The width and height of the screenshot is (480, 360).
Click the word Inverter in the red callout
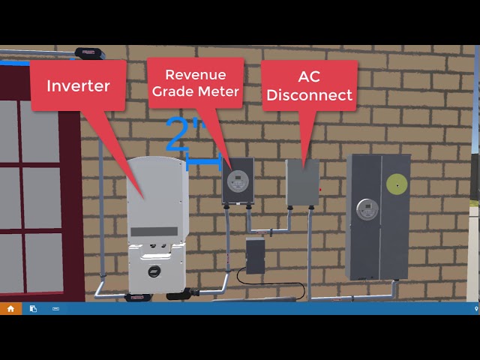click(x=78, y=85)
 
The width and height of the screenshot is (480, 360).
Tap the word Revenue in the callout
click(x=196, y=75)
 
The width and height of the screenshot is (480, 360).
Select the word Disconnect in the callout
click(x=309, y=95)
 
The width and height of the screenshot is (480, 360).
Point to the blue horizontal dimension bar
click(x=203, y=162)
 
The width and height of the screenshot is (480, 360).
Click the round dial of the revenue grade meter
click(x=238, y=181)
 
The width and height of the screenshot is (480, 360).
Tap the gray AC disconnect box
click(x=302, y=182)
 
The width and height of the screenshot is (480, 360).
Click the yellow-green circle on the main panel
click(x=397, y=184)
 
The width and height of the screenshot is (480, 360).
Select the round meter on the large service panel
click(x=367, y=209)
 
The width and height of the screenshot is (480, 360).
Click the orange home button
click(x=10, y=308)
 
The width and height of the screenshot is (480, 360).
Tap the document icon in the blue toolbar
click(x=33, y=308)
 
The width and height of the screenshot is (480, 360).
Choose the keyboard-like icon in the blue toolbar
click(x=55, y=309)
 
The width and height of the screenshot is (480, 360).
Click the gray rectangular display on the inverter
click(x=154, y=232)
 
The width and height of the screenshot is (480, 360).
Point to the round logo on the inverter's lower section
click(x=154, y=271)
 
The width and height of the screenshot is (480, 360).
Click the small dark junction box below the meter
click(x=255, y=256)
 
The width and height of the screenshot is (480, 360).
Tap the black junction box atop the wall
click(x=90, y=53)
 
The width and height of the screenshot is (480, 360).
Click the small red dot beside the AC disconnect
click(x=320, y=190)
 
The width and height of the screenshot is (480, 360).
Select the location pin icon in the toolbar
click(x=476, y=309)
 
